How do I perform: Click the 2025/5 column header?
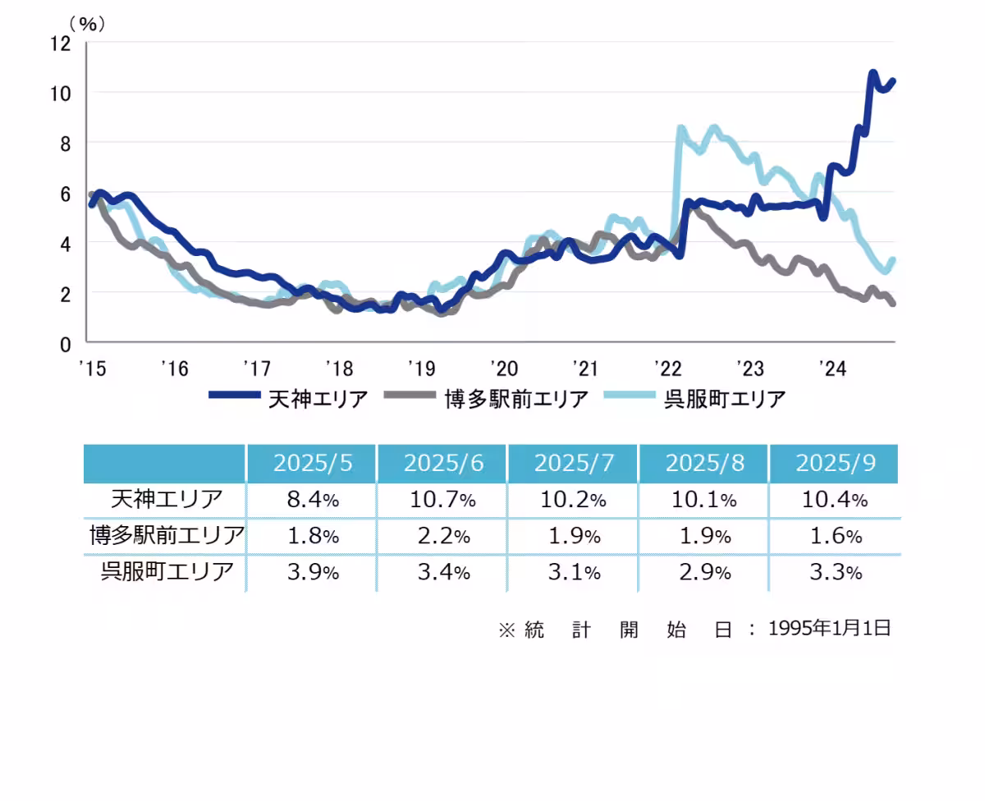(x=313, y=463)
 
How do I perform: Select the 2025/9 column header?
(x=834, y=463)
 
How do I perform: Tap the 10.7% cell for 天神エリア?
(x=442, y=500)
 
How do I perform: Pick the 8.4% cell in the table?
(x=313, y=500)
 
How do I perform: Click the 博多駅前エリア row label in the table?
(x=167, y=536)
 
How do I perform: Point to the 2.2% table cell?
(x=442, y=537)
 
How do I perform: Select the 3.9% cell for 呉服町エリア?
(x=313, y=573)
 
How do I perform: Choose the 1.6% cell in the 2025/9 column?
(x=834, y=537)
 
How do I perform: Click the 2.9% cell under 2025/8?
(x=704, y=573)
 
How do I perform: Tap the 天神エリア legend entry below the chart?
(x=287, y=399)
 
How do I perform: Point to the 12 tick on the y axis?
(x=62, y=43)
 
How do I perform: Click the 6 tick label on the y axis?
(x=66, y=193)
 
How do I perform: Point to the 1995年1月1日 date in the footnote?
(x=830, y=629)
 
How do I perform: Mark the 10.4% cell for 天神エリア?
(x=834, y=500)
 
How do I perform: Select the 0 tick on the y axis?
(x=66, y=343)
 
